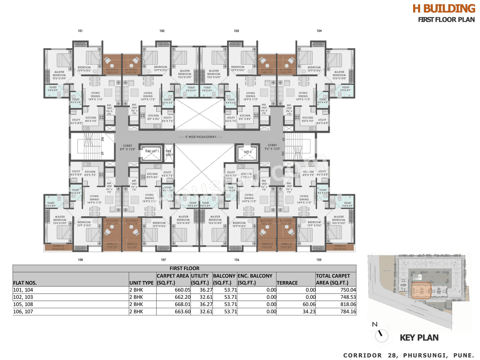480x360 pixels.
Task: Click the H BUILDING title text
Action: [444, 9]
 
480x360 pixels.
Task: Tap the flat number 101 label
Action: [80, 31]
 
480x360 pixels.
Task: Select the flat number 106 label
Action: [237, 259]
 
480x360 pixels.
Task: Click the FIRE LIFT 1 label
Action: [152, 151]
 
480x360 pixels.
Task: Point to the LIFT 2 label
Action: [248, 152]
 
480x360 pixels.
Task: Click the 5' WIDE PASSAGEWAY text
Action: [201, 137]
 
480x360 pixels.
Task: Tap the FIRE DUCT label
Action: [169, 153]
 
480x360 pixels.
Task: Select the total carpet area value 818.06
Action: [348, 304]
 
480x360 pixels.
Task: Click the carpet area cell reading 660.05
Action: [183, 290]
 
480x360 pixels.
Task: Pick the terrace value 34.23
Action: [309, 312]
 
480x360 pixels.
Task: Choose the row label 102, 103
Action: [23, 297]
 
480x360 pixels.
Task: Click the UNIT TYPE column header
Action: [141, 283]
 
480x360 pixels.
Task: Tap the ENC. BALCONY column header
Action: [255, 276]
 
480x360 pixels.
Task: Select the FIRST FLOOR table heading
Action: [184, 268]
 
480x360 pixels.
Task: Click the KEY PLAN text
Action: [419, 337]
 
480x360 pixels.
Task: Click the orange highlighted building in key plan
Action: [421, 290]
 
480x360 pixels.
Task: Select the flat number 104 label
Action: [319, 31]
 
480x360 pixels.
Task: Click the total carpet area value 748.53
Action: [348, 297]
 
